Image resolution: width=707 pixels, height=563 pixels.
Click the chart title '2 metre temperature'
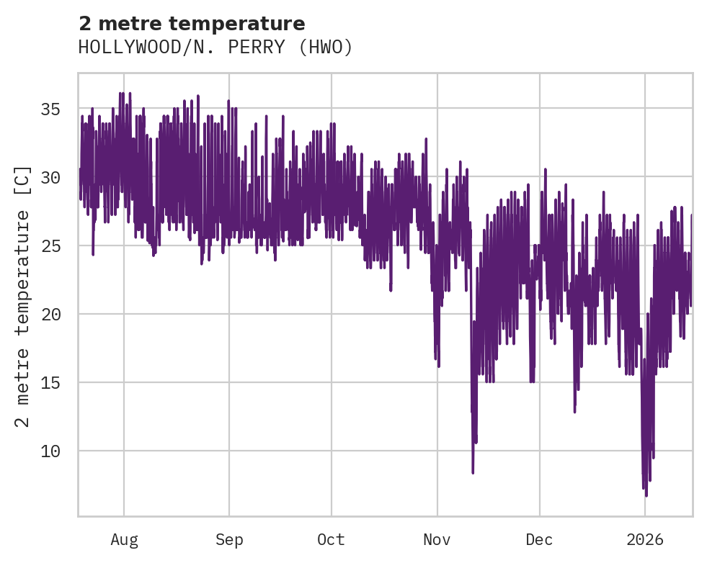coord(192,24)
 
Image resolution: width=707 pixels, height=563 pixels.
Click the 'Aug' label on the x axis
coord(124,540)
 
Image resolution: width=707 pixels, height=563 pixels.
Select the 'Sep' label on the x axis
coord(229,540)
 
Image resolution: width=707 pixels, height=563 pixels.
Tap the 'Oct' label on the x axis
coord(332,540)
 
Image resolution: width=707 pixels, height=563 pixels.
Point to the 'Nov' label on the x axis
coord(437,540)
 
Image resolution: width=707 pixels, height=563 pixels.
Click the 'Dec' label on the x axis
coord(539,540)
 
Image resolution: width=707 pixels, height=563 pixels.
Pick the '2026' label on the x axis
coord(644,540)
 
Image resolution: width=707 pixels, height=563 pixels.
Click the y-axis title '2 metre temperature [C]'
coord(24,296)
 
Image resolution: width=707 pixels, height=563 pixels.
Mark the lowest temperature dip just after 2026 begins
coord(646,495)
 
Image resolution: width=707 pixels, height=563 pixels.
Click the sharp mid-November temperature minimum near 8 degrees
coord(473,472)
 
